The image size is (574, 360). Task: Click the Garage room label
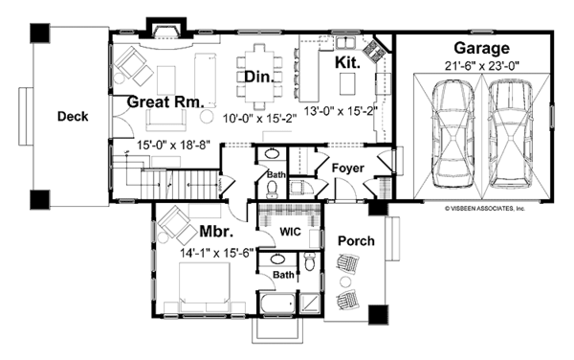tap(481, 48)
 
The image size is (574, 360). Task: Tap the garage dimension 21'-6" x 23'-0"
tap(482, 66)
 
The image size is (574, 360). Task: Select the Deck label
tap(73, 117)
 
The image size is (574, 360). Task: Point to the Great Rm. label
tap(166, 101)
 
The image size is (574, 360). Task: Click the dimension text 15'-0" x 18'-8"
tap(173, 145)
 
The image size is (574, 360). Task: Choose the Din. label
tap(259, 77)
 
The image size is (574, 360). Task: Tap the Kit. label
tap(348, 62)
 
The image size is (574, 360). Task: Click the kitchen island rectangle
tap(347, 84)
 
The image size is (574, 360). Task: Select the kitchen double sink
tap(345, 43)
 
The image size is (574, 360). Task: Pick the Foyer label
tap(348, 169)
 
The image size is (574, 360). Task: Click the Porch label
tap(356, 241)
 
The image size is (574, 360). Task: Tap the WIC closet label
tap(290, 232)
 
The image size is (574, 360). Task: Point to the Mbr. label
tap(216, 232)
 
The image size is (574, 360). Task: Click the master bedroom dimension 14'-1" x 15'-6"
tap(217, 253)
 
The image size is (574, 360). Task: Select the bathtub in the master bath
tap(277, 304)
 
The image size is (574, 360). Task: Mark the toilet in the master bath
tap(310, 261)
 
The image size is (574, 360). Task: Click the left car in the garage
tap(452, 135)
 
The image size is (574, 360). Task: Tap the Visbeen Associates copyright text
tap(485, 209)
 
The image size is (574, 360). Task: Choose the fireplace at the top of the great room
tap(166, 30)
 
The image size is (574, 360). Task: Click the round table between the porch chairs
tap(344, 281)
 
